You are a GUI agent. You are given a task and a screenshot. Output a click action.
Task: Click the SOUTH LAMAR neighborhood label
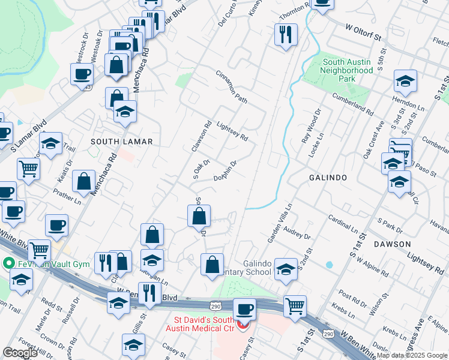tap(122, 141)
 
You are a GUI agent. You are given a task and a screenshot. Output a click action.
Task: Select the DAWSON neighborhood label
tap(392, 244)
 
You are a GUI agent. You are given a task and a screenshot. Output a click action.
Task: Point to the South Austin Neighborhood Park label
tap(348, 70)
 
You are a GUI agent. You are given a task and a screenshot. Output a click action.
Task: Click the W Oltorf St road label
tap(364, 32)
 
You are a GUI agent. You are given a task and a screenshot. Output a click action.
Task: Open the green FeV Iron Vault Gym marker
tap(9, 263)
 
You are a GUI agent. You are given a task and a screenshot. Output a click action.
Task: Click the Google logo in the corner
tap(20, 353)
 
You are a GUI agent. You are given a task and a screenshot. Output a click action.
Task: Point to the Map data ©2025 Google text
tap(411, 355)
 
